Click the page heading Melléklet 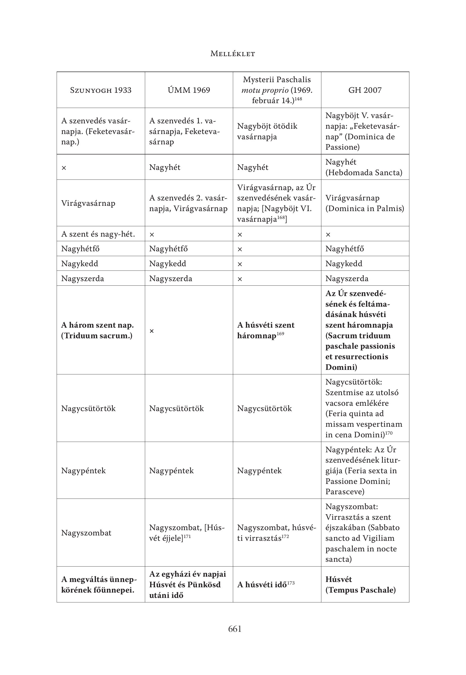pos(233,54)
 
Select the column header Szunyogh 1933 pos(101,90)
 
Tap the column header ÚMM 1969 pos(189,90)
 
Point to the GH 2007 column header pos(365,90)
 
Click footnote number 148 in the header pos(298,99)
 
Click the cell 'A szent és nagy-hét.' pos(98,234)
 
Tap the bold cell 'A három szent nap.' pos(97,325)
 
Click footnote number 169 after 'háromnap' pos(280,333)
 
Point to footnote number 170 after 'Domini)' pos(389,433)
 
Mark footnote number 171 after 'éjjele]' pos(187,537)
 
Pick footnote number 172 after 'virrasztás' pos(285,537)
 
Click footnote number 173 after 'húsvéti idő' pos(291,583)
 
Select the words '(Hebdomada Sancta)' pos(364,173)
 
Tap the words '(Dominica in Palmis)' pos(365,209)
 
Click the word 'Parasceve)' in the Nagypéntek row pos(345,492)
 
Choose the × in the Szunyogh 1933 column pos(64,168)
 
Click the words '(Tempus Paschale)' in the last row pos(361,590)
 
